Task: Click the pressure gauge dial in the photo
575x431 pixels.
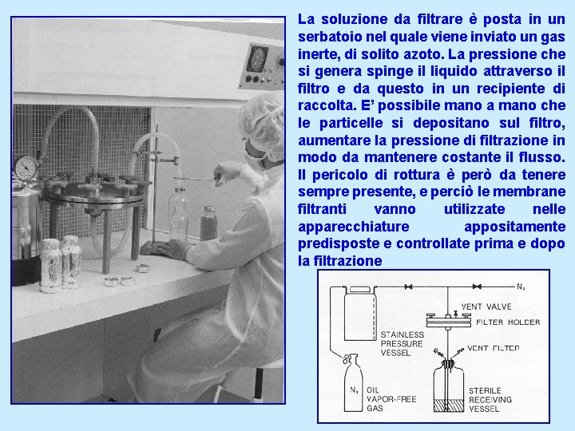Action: coord(26,168)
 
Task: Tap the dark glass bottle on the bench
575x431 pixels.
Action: coord(208,223)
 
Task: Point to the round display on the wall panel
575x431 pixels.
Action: coord(257,58)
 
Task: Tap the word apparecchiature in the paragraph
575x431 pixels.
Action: coord(354,227)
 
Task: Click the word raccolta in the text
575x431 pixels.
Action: coord(325,106)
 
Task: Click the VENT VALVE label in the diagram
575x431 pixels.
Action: coord(486,306)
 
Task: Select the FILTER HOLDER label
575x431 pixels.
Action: coord(508,322)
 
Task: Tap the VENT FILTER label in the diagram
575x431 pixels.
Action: coord(494,348)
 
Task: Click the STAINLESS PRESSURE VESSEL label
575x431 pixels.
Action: coord(402,344)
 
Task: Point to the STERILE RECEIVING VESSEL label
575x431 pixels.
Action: coord(490,400)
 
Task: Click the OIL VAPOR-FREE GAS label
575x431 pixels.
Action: coord(391,399)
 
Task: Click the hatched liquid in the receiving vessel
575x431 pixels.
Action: coord(449,405)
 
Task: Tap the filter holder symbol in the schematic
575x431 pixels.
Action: coord(448,321)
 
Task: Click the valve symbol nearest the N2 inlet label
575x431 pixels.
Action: coord(477,287)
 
